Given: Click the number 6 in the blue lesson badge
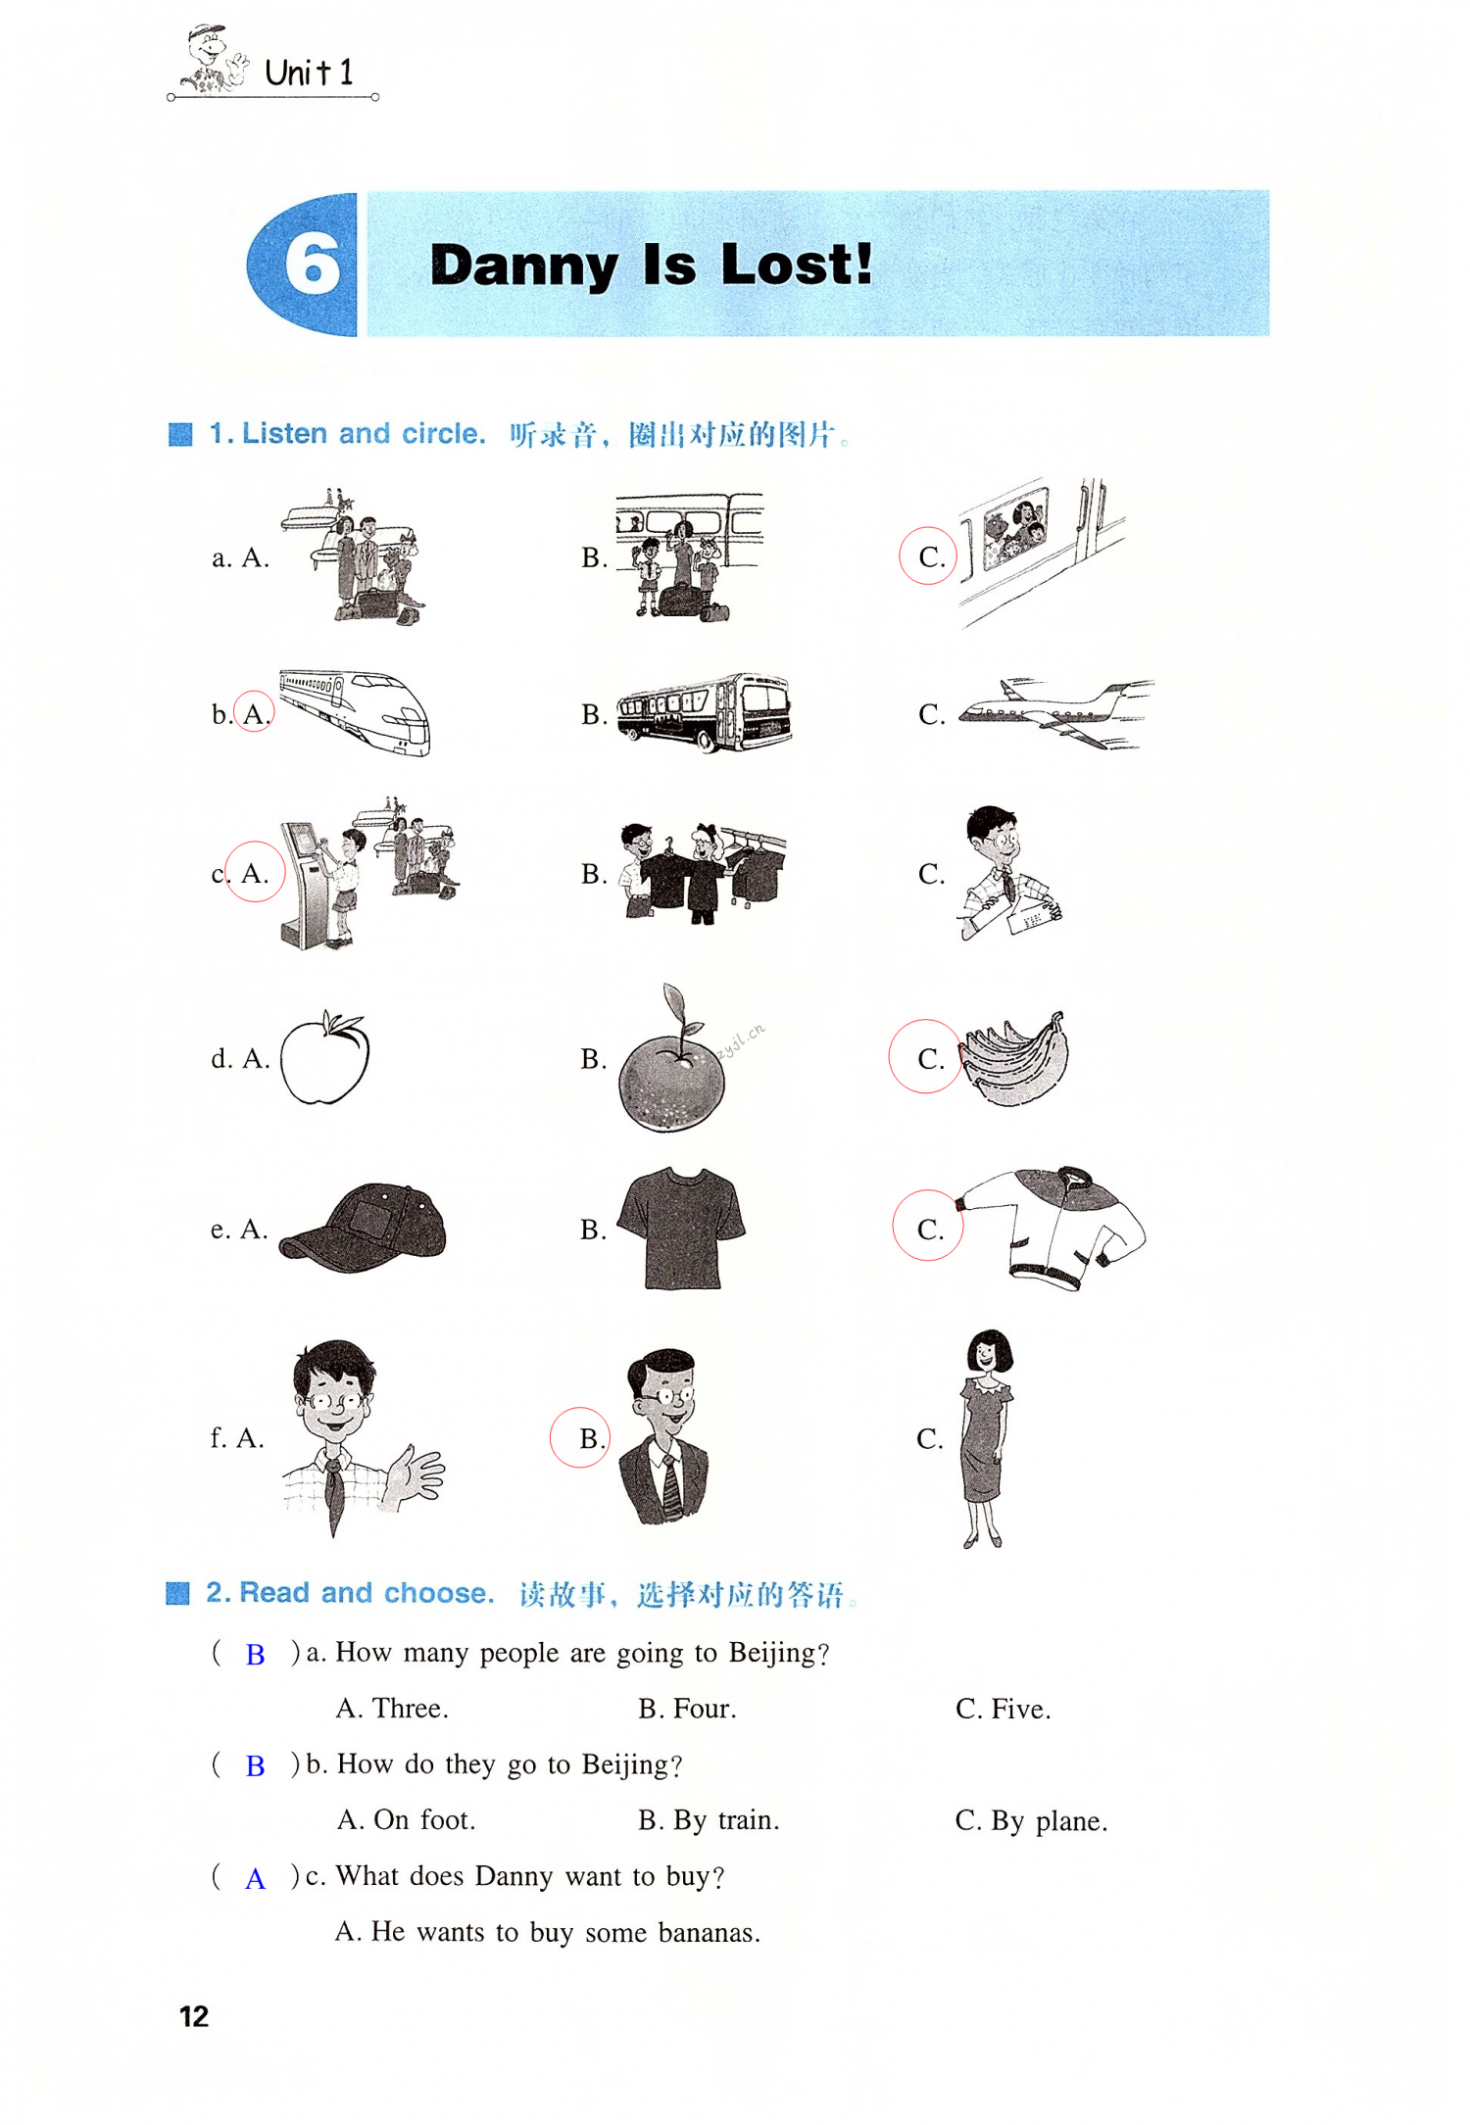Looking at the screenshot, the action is [x=313, y=265].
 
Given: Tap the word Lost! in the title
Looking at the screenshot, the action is [x=796, y=265].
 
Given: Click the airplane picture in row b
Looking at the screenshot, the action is [x=1055, y=712].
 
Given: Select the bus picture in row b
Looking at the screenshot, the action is [x=704, y=711].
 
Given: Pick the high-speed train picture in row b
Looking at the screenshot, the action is [x=355, y=712].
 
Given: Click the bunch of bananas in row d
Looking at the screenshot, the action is [x=1013, y=1059].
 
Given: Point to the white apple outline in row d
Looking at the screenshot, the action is [x=324, y=1058].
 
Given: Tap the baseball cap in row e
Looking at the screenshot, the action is [x=363, y=1229].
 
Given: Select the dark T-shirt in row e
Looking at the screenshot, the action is [x=682, y=1228].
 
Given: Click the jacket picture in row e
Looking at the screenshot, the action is [x=1051, y=1228].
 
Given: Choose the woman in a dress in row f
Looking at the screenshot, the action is [x=987, y=1438].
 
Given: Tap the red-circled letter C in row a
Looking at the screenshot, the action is [x=928, y=555].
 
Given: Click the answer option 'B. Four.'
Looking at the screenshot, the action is [x=687, y=1709].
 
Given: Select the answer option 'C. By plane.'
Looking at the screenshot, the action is [x=1031, y=1821].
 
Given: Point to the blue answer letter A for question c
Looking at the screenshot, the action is [x=255, y=1879].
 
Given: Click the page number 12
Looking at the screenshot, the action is [x=194, y=2016].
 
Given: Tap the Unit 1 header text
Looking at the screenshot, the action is [x=309, y=72].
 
